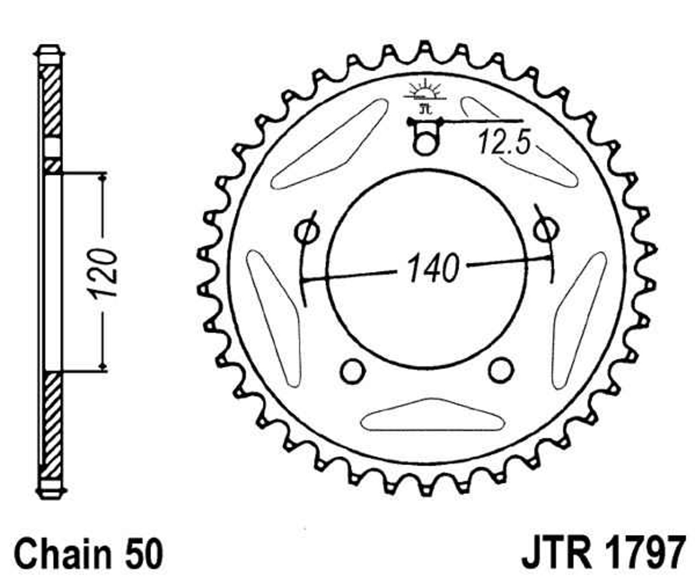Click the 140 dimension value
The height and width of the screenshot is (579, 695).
click(433, 268)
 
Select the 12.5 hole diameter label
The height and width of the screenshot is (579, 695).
click(504, 143)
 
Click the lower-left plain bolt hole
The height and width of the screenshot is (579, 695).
click(352, 371)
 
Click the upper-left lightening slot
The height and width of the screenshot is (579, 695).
click(329, 144)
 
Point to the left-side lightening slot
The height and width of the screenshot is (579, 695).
click(273, 319)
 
